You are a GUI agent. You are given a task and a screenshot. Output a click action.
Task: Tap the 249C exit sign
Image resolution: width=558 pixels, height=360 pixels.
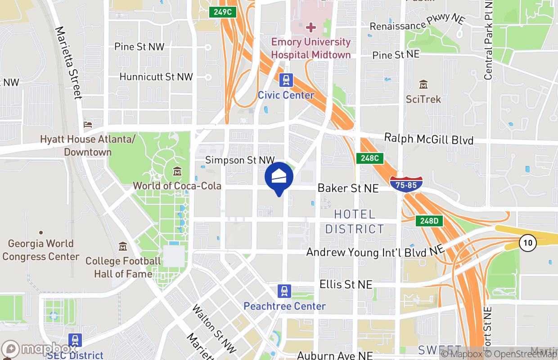pos(223,12)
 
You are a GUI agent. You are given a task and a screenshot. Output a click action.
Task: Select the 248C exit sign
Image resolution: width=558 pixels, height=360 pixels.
pos(370,158)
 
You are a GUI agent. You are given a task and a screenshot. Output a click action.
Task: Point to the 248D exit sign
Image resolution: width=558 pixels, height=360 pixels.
pos(429,220)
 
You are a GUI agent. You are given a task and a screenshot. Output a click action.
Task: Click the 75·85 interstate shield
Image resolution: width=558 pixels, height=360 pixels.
pos(406,184)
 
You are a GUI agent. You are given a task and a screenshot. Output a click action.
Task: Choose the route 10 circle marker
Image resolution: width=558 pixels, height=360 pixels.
pos(527,243)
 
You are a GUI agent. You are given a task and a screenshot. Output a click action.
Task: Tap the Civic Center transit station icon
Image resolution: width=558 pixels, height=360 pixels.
pos(286,81)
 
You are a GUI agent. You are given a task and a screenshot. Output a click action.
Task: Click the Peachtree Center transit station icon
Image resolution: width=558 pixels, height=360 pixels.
pos(284,291)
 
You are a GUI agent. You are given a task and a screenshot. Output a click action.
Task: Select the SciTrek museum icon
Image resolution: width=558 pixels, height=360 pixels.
pos(423,85)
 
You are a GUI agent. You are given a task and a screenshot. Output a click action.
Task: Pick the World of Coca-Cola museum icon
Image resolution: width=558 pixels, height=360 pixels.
pos(177,171)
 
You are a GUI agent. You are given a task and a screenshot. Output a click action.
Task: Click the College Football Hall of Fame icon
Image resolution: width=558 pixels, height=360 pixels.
pos(123,247)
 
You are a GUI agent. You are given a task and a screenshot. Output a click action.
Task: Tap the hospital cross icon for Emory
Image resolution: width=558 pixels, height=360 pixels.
pos(310,28)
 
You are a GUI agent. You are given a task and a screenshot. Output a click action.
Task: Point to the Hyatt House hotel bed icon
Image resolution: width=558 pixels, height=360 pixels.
pos(88,124)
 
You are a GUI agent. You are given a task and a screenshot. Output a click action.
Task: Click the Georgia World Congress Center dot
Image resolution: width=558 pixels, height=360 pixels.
pos(41,233)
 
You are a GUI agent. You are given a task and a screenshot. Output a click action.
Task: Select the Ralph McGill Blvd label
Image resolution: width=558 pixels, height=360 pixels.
pos(428,139)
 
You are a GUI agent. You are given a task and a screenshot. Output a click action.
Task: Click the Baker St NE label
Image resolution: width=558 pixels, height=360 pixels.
pos(348,188)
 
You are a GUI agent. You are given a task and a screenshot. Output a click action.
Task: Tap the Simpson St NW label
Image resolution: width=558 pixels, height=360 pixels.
pos(239,160)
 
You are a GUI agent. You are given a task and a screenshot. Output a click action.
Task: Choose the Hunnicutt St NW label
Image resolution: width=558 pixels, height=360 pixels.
pos(156,77)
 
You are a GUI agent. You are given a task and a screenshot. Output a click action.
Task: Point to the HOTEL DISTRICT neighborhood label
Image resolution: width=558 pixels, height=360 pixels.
pos(355,221)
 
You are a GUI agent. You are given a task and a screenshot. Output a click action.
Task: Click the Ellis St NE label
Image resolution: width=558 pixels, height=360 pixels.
pos(346,284)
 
